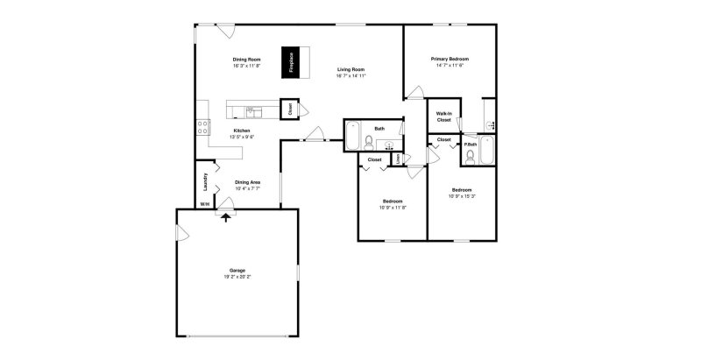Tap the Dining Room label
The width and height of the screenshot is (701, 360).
coord(246,60)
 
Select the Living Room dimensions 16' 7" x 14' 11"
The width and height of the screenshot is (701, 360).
coord(350,76)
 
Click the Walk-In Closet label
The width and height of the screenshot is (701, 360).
coord(443,116)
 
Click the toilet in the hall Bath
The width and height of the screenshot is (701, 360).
coord(392,145)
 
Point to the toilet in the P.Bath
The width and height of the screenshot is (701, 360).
coord(471,158)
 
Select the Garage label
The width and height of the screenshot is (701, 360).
coord(237,270)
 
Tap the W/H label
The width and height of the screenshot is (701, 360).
coord(204,204)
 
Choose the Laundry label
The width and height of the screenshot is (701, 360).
coord(205,183)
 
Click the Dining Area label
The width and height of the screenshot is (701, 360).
coord(247,181)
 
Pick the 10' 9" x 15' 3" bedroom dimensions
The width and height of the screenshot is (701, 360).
coord(462,197)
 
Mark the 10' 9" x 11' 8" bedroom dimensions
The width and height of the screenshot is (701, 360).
coord(392,207)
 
